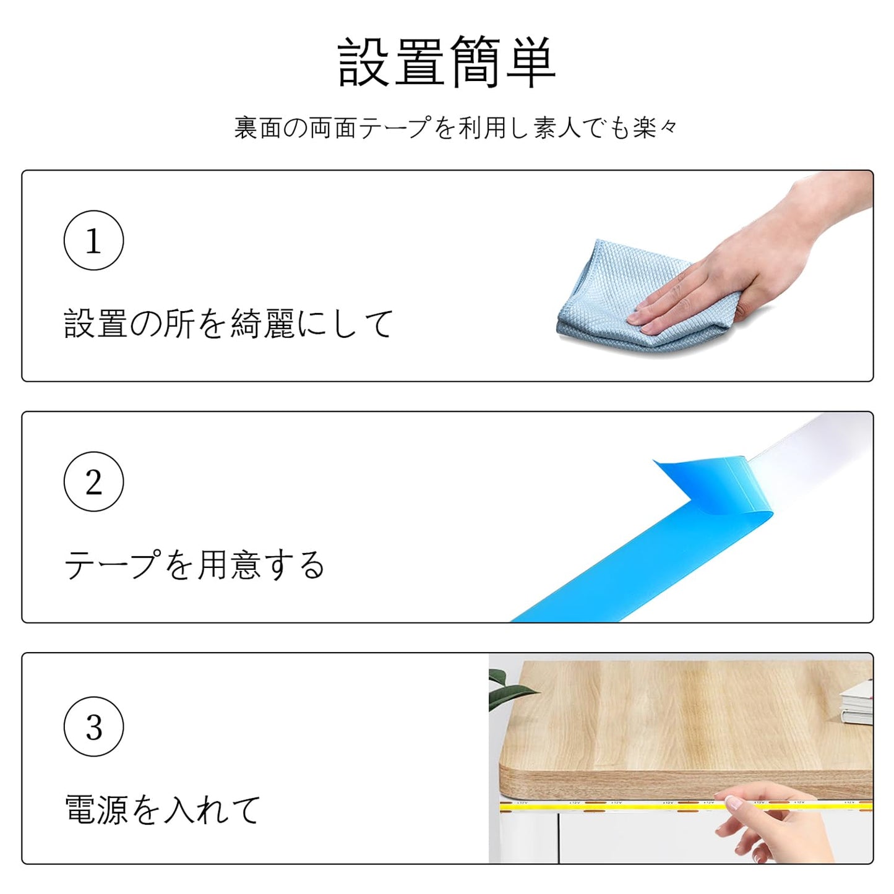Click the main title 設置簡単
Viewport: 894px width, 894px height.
pos(446,62)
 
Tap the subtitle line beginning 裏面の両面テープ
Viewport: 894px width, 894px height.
pos(455,127)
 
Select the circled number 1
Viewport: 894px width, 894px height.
pos(93,240)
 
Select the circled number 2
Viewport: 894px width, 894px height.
pos(93,481)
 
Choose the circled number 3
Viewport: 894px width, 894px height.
pos(93,726)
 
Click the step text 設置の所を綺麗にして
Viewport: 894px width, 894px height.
pos(228,324)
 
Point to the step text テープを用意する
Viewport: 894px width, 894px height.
pos(194,565)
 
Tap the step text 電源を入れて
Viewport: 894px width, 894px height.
pos(162,810)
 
